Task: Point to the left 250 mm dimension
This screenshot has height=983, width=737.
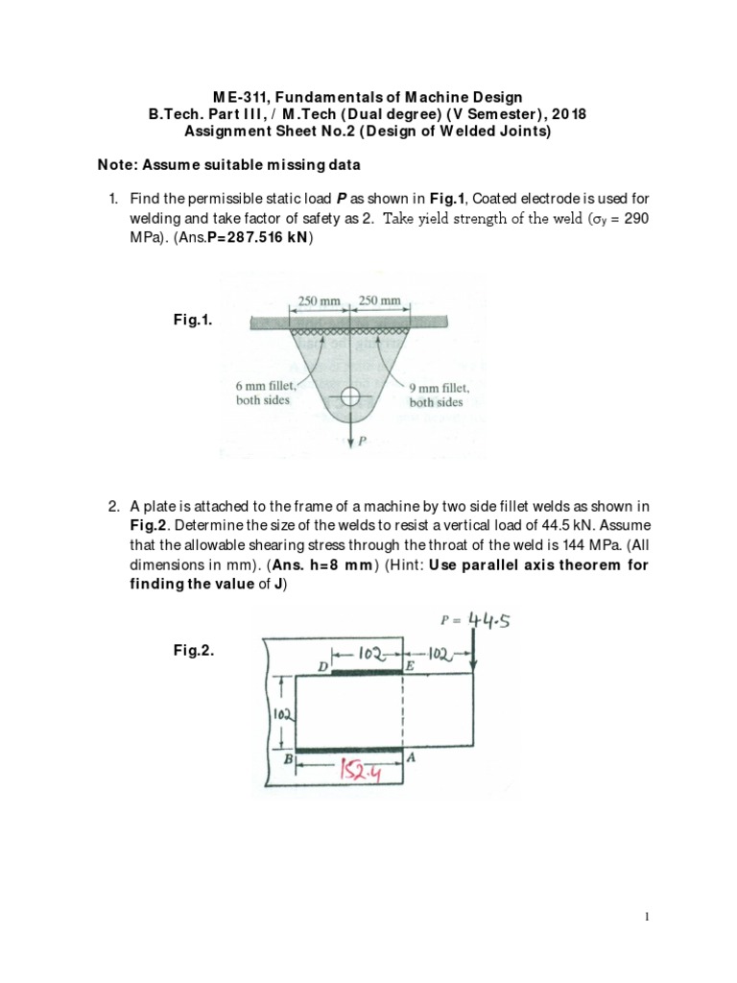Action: pos(319,300)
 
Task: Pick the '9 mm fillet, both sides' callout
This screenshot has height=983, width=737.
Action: pos(440,396)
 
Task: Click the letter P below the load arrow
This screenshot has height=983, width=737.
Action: pos(362,443)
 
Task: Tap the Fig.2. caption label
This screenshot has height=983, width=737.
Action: pos(192,651)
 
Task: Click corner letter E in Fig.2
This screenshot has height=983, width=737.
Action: pos(410,664)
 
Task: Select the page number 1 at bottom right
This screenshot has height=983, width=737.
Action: pos(649,918)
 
